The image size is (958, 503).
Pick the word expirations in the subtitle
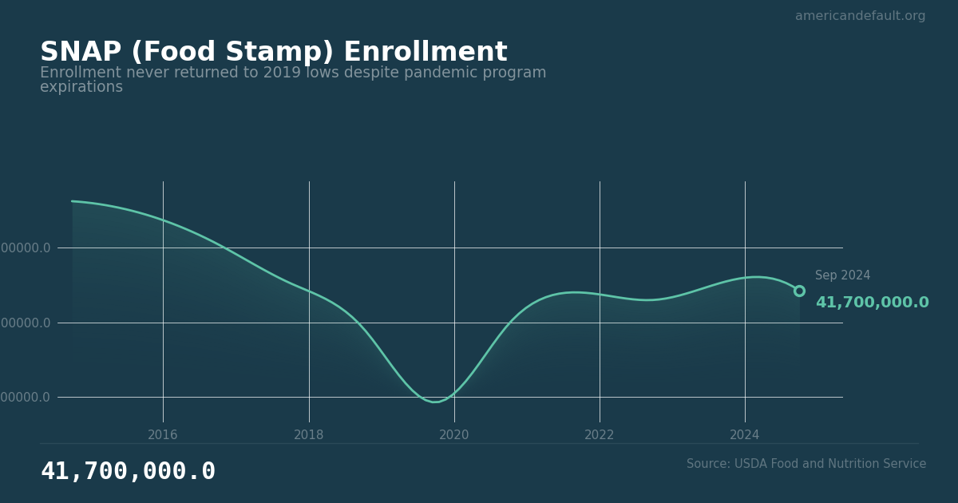[x=81, y=88]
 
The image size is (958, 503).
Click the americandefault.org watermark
[x=860, y=16]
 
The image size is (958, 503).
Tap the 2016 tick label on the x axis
[x=163, y=435]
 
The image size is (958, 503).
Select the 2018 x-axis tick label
[x=309, y=435]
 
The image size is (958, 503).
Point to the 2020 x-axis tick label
[x=454, y=435]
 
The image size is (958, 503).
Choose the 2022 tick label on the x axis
[x=600, y=435]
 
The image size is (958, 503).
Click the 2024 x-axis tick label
[x=745, y=435]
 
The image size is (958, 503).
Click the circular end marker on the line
[x=799, y=291]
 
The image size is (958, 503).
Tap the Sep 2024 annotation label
[x=842, y=275]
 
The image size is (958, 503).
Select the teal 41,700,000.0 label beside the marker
[x=872, y=303]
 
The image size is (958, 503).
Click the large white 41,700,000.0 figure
[x=128, y=472]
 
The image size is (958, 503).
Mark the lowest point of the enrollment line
[x=434, y=402]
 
